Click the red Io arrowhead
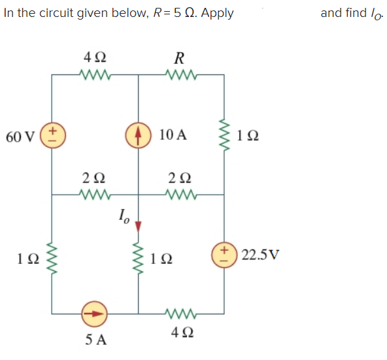(x=138, y=225)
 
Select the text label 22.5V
(x=260, y=254)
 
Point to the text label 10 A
(x=173, y=135)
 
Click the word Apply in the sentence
(x=217, y=12)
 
